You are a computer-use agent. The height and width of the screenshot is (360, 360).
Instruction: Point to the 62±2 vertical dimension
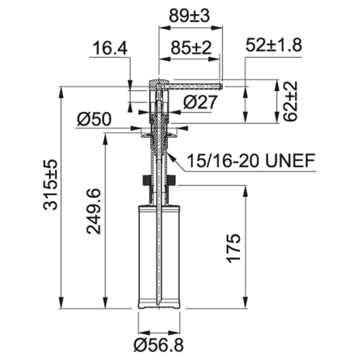pos(291,101)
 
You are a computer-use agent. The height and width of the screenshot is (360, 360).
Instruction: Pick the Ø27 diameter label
pos(200,103)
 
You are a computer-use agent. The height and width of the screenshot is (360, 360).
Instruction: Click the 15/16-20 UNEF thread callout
pos(250,161)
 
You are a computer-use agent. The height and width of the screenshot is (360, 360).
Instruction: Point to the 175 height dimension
pos(234,247)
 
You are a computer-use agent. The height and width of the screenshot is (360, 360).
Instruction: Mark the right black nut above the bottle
pos(171,180)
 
